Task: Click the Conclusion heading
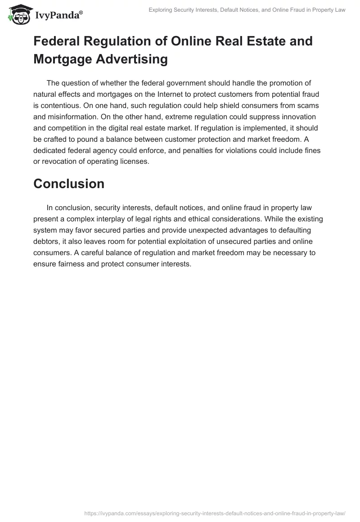[69, 184]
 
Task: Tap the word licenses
[130, 162]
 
